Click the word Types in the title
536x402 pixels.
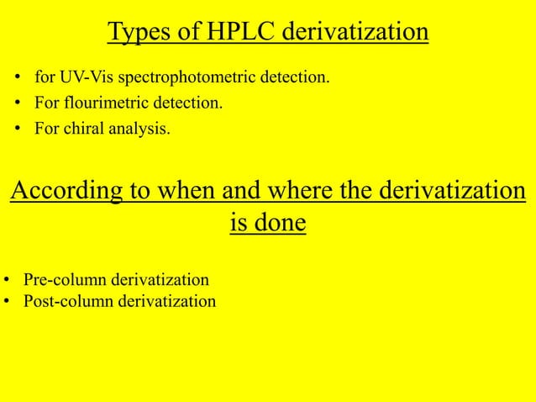[x=135, y=32]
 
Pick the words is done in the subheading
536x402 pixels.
[x=267, y=225]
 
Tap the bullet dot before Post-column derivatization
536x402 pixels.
[x=6, y=301]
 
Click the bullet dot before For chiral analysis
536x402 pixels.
[x=18, y=130]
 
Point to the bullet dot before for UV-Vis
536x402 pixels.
[x=18, y=80]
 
